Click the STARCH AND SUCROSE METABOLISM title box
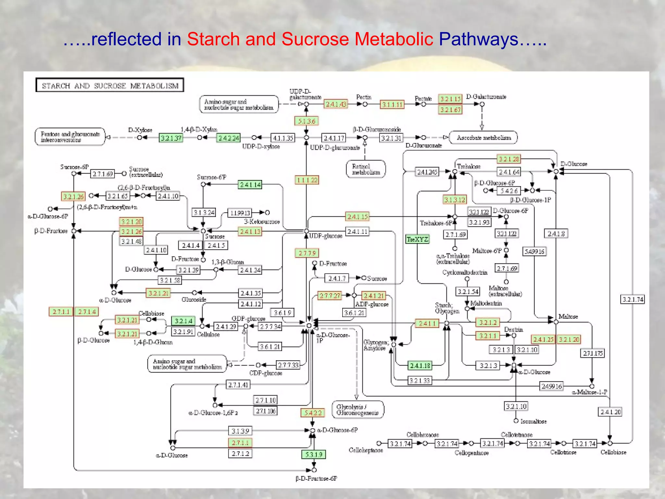(110, 85)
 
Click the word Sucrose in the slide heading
(315, 39)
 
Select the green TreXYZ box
(418, 239)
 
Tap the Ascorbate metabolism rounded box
(483, 137)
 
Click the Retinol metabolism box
(366, 169)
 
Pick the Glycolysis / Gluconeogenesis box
(358, 410)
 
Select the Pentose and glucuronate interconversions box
(70, 137)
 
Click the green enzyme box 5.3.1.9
(314, 454)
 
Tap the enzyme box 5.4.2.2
(313, 413)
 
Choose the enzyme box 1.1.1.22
(307, 180)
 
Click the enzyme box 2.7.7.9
(307, 253)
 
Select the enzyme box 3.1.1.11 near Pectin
(392, 104)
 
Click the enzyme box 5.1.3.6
(307, 121)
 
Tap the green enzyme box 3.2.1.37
(171, 138)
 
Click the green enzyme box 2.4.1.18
(420, 365)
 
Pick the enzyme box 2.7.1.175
(592, 353)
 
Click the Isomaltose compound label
(533, 421)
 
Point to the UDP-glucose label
(326, 236)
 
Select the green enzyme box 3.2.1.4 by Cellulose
(183, 321)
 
